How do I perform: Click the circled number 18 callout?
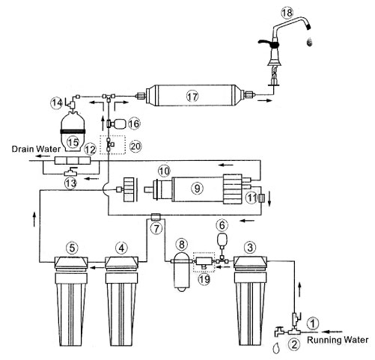[287, 13]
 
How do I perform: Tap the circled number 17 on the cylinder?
[192, 96]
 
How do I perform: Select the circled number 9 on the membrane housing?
[198, 188]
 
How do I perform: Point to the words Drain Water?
[36, 149]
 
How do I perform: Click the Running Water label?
[338, 340]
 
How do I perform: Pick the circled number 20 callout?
[135, 146]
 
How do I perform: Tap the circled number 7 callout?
[156, 228]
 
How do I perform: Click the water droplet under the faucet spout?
[310, 42]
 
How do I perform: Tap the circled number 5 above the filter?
[72, 248]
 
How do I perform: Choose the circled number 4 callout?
[121, 248]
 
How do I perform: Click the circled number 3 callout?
[250, 247]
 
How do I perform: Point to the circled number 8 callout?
[182, 244]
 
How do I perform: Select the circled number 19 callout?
[204, 279]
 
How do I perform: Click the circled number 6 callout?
[222, 225]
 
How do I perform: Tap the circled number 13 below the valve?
[70, 183]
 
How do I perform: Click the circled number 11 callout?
[251, 198]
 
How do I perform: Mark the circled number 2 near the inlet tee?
[294, 344]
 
